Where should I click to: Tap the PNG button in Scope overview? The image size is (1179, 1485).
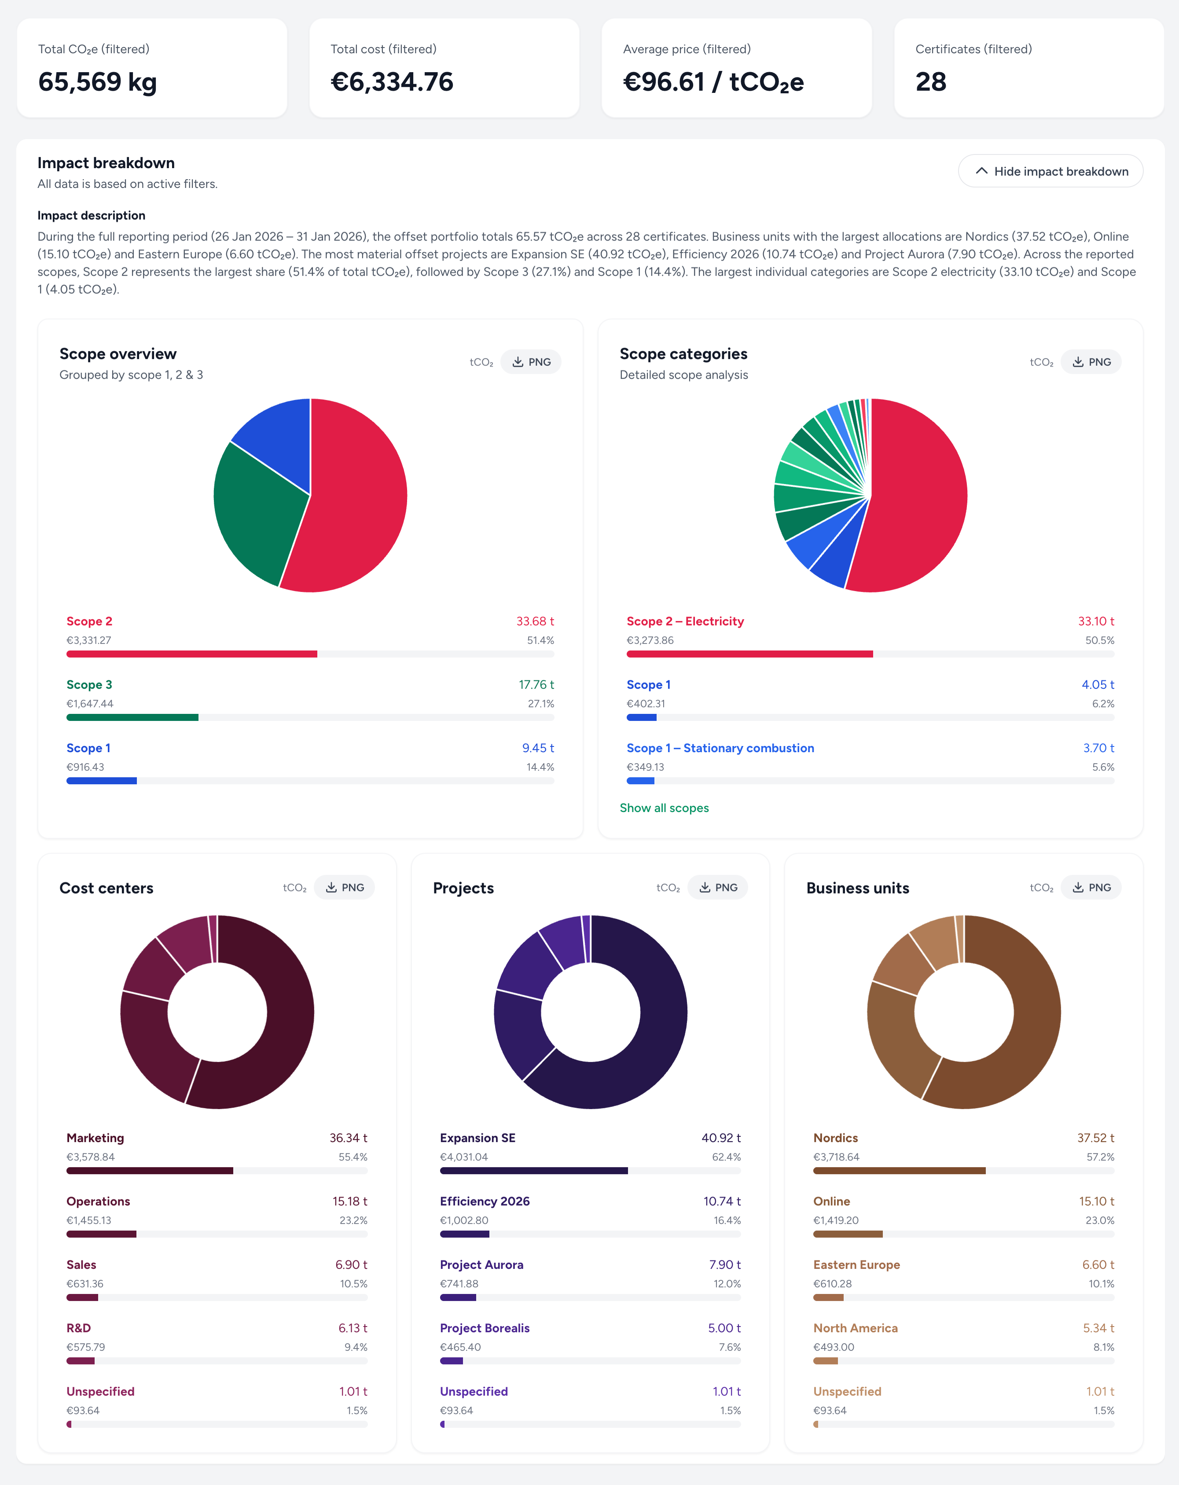530,362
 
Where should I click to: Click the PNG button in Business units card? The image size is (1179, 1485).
1091,888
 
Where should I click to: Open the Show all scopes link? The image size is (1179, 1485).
664,808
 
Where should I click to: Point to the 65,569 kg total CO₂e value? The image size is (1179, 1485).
97,82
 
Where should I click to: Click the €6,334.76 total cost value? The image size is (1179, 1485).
392,82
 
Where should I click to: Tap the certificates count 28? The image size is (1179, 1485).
930,82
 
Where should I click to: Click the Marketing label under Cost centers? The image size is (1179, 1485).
95,1138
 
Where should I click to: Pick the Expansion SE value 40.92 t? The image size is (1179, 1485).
720,1138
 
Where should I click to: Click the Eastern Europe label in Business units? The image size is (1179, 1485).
856,1264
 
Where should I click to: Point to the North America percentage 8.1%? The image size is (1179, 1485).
1103,1347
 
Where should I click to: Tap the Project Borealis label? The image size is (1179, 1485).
484,1328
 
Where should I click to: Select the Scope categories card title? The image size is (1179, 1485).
683,354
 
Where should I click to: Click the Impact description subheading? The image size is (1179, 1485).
91,216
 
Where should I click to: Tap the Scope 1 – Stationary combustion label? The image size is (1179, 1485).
720,748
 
